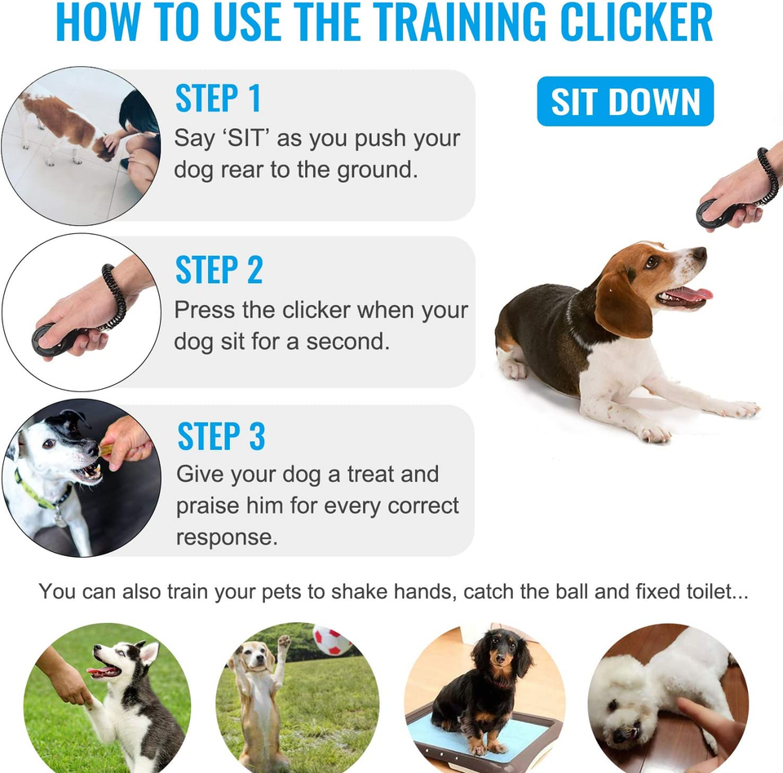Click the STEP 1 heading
tap(219, 98)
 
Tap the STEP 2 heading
tap(219, 271)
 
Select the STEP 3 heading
tap(221, 436)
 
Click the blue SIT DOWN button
tap(625, 102)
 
